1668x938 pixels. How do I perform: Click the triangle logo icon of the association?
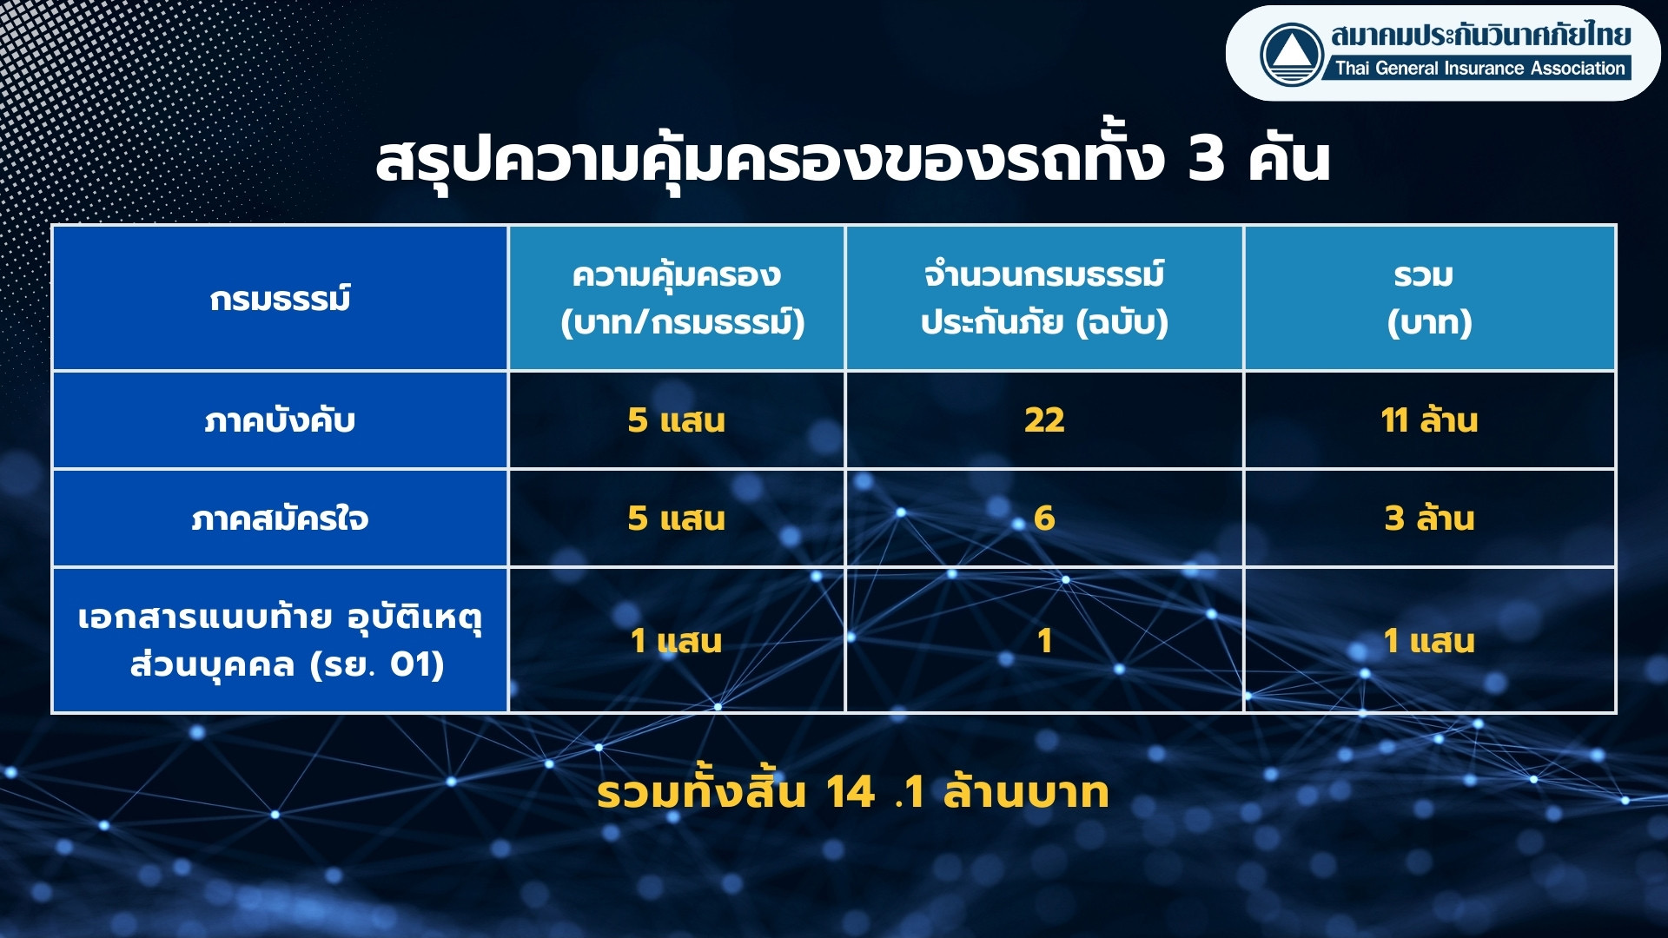1292,54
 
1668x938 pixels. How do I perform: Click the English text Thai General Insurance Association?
1479,68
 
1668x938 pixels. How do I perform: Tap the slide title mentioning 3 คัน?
852,161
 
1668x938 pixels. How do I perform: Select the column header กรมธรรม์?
280,299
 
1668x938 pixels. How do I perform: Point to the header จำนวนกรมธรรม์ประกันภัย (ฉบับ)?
1044,298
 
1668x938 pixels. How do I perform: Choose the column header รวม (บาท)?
1429,298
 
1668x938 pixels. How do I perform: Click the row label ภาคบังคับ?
280,420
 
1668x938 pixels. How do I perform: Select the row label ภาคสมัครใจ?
280,519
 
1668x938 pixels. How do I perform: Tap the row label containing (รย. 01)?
280,641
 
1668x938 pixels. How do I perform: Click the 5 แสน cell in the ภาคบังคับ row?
676,420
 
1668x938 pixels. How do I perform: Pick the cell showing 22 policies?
1044,420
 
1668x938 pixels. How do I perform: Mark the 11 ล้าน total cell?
1429,420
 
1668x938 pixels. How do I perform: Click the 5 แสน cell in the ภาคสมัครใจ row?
676,519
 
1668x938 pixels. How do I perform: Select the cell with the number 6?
1044,519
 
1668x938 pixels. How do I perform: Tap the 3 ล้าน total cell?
1429,519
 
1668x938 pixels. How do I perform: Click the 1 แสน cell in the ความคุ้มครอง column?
676,641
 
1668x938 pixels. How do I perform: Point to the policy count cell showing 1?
1044,641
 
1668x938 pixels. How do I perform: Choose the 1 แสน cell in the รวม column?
1429,641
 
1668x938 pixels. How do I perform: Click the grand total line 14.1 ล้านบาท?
852,792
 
